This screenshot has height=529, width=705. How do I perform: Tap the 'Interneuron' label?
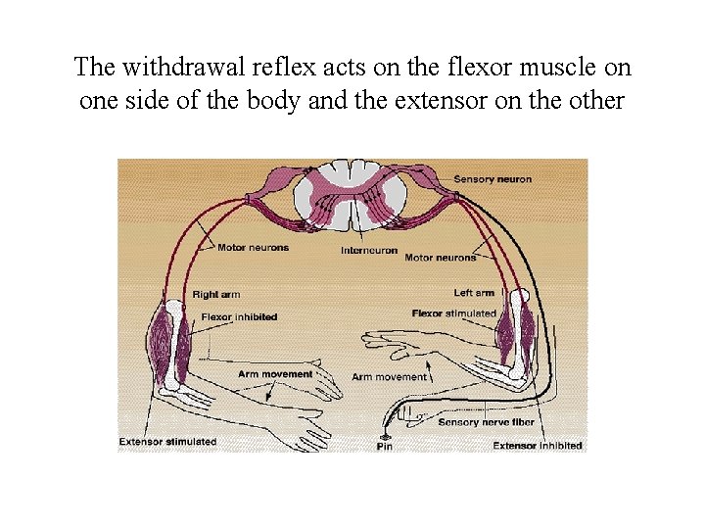(x=369, y=250)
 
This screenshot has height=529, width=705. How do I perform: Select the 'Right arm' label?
(x=215, y=294)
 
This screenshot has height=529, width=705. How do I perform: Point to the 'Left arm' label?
(x=474, y=293)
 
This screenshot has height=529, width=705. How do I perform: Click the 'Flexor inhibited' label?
(x=239, y=316)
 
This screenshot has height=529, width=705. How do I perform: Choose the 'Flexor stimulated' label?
(x=454, y=313)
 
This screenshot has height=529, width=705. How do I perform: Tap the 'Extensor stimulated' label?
(x=167, y=441)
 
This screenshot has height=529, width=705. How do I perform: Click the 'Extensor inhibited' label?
(x=538, y=446)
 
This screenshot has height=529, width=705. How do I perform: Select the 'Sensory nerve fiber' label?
(x=487, y=422)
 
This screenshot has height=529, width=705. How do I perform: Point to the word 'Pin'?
(x=385, y=447)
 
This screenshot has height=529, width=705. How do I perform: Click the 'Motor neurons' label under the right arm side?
(x=253, y=248)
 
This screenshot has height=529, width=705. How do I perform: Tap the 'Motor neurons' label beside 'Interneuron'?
(x=440, y=258)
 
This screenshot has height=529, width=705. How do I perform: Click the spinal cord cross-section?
(x=352, y=194)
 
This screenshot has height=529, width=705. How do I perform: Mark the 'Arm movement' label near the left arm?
(x=389, y=376)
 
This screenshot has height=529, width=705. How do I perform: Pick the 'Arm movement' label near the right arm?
(x=275, y=373)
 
